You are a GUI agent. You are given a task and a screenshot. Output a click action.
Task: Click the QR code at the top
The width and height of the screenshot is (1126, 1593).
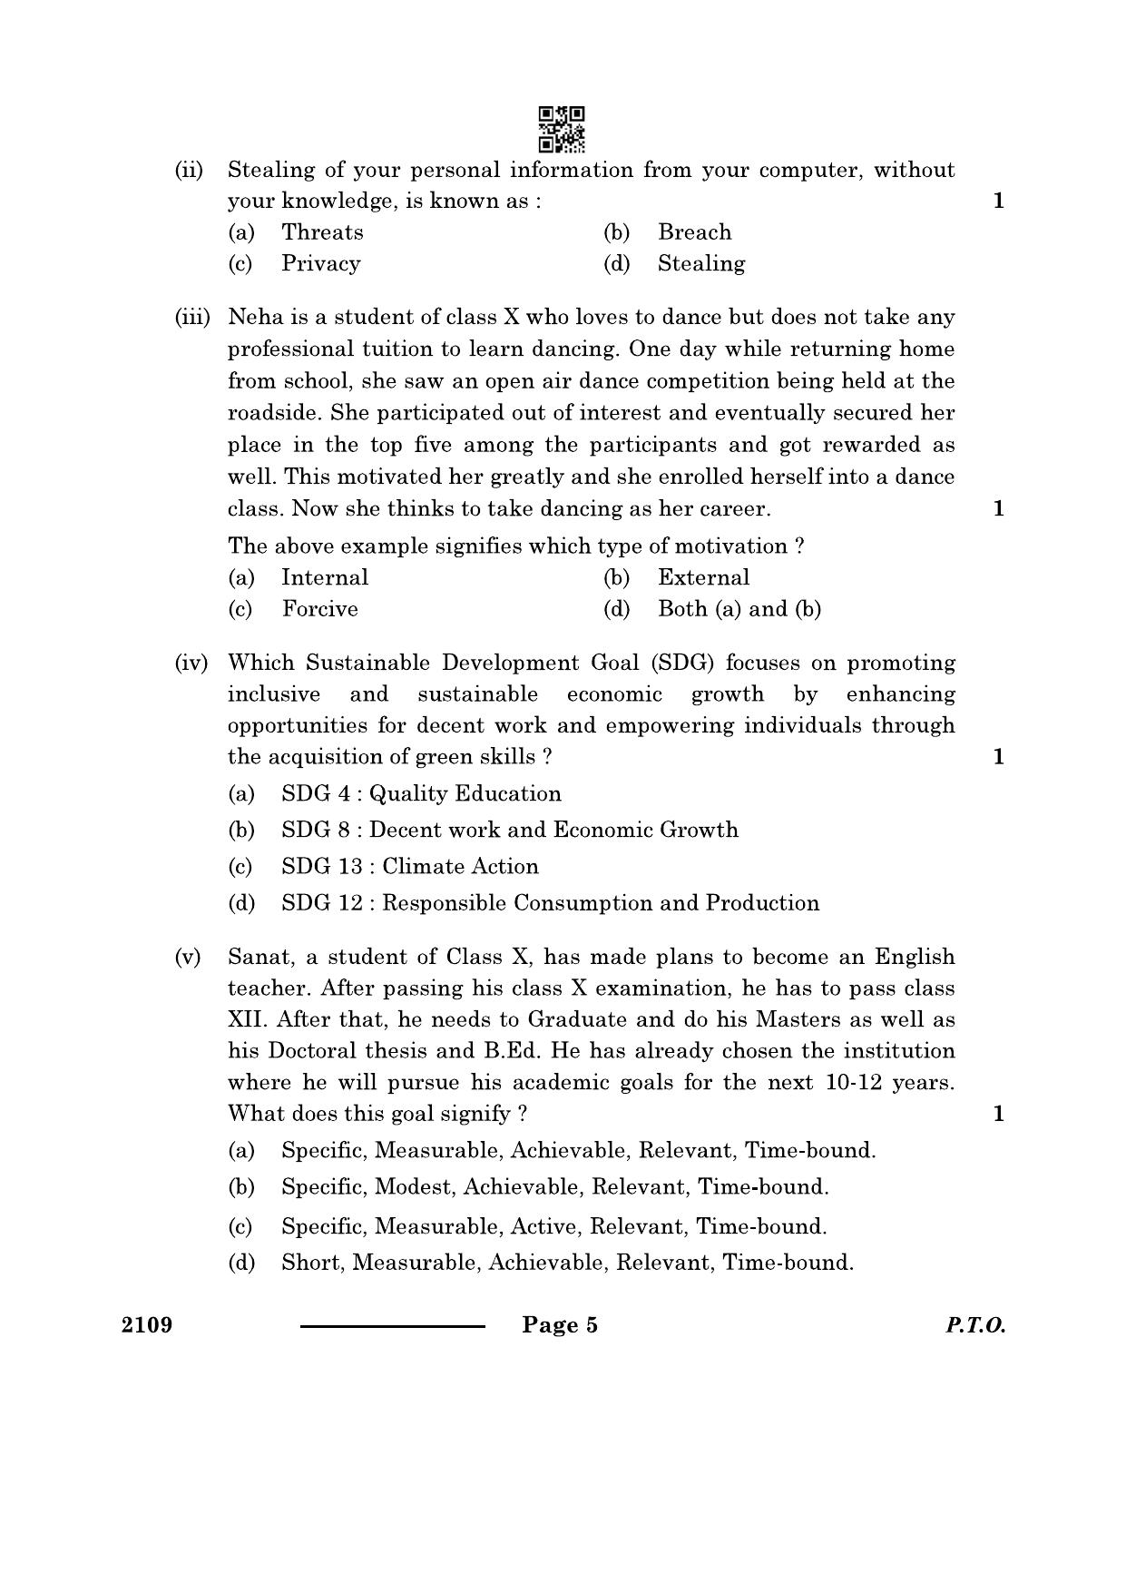(x=562, y=129)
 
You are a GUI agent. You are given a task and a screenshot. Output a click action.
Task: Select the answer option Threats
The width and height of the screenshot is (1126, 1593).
(x=322, y=232)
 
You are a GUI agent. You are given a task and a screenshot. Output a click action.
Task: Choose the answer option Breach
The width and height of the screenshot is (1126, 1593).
(x=694, y=232)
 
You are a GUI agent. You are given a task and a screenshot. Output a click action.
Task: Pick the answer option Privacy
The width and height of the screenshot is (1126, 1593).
(x=320, y=264)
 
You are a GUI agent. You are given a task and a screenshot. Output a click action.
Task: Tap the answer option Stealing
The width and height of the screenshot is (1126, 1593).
(x=701, y=264)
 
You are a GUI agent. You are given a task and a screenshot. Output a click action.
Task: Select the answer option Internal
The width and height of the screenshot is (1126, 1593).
(x=325, y=578)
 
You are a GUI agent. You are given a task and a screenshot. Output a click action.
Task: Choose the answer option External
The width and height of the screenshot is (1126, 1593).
(x=703, y=578)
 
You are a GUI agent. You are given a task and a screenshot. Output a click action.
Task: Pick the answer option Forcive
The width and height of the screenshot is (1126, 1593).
(x=319, y=609)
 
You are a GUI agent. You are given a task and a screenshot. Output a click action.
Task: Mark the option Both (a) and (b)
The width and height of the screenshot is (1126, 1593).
(x=739, y=609)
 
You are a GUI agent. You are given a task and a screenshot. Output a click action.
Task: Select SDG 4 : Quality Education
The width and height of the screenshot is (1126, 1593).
(x=421, y=794)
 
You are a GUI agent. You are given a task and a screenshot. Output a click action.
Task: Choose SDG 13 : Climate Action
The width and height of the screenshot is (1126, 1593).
(x=409, y=867)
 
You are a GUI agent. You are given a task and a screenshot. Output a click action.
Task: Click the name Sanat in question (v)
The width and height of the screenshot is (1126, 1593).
(x=257, y=958)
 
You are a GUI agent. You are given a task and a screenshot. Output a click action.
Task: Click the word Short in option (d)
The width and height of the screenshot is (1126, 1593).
(x=310, y=1263)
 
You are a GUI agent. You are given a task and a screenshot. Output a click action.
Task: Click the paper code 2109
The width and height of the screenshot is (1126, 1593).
(x=147, y=1325)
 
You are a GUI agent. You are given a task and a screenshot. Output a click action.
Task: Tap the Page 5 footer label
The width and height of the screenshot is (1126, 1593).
(x=560, y=1325)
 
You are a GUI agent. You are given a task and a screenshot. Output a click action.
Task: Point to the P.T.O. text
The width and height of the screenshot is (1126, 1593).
(x=975, y=1325)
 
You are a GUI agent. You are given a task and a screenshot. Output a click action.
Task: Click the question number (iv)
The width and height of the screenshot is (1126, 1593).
(x=191, y=664)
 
